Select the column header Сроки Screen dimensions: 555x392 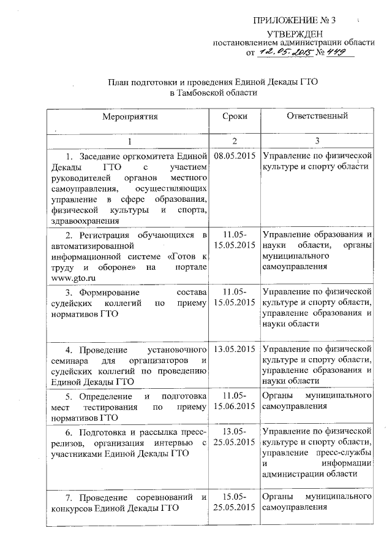[x=235, y=115]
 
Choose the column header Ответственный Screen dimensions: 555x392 [x=317, y=115]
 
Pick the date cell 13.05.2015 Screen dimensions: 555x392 [x=235, y=349]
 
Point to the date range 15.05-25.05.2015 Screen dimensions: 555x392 [x=235, y=502]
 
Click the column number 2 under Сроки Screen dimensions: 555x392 [x=235, y=140]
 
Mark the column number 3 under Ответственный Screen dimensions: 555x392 [x=317, y=140]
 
